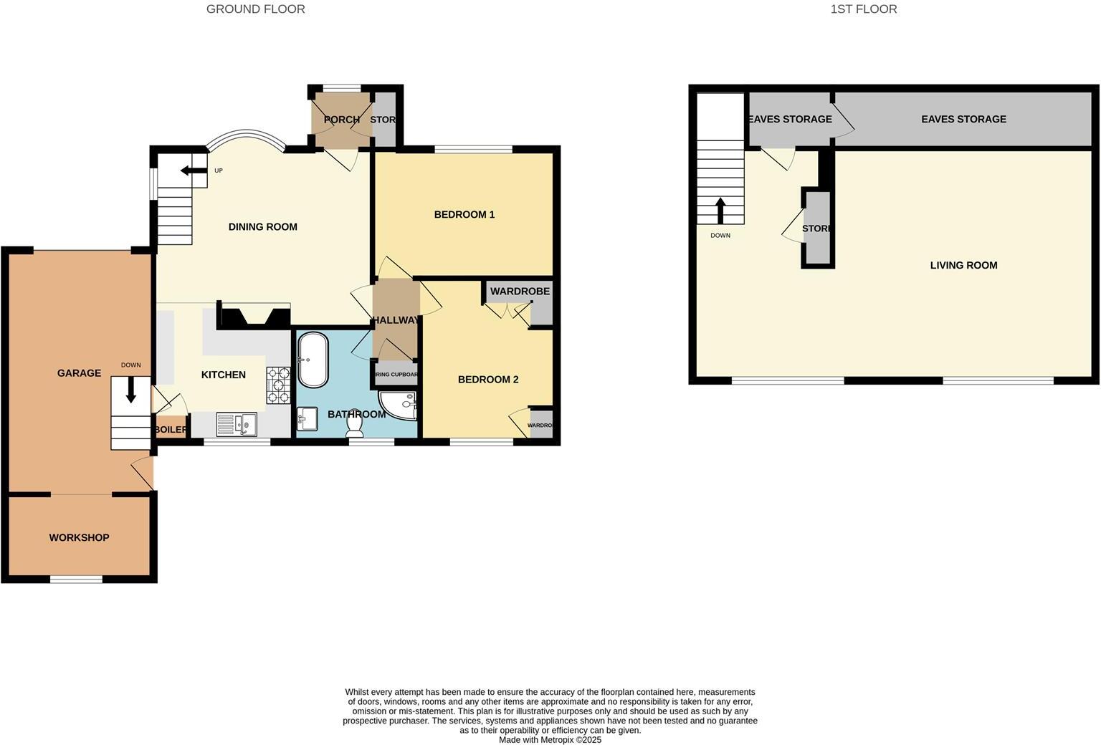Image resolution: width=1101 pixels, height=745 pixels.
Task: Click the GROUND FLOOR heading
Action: [255, 9]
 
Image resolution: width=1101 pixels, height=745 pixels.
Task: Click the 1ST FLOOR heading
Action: [863, 9]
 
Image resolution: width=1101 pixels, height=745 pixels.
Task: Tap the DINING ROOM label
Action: [262, 227]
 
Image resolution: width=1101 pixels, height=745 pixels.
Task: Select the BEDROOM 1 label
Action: [464, 214]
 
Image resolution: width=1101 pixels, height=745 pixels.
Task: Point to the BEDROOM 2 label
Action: [487, 380]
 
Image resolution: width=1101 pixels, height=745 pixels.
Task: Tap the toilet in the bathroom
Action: [354, 423]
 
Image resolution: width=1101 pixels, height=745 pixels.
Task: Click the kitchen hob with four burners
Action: [278, 385]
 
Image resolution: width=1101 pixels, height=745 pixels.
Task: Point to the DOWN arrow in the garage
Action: [130, 390]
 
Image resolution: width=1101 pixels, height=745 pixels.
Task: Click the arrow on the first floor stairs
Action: [720, 211]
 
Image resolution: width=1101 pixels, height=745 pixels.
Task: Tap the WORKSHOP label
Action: [79, 538]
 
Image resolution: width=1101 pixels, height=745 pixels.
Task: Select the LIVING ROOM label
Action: [963, 266]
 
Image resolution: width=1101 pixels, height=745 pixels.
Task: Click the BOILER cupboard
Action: [171, 428]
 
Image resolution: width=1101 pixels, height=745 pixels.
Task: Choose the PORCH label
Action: [341, 120]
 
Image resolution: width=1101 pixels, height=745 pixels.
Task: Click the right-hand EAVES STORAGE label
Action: [963, 119]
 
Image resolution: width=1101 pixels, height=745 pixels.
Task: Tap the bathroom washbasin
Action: [308, 418]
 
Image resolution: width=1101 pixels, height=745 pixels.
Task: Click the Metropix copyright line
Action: [550, 740]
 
